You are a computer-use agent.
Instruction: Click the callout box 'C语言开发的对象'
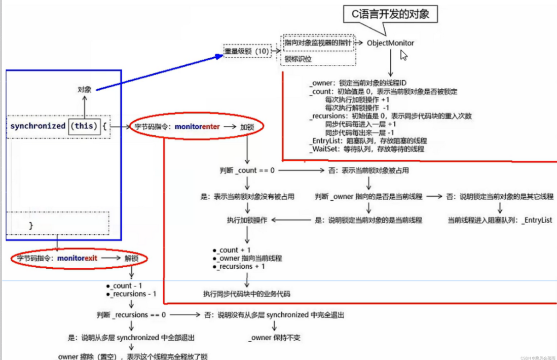click(x=390, y=14)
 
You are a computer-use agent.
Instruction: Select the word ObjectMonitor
click(x=390, y=43)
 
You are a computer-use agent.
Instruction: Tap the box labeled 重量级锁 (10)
click(x=246, y=51)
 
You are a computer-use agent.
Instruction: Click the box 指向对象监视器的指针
click(x=318, y=43)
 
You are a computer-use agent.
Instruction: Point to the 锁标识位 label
click(x=299, y=59)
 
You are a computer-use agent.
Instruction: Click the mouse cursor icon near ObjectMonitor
click(x=404, y=55)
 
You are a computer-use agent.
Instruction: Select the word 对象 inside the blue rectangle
click(x=85, y=89)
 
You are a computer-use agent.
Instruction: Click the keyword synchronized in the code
click(x=38, y=126)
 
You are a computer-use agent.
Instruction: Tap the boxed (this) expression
click(x=84, y=126)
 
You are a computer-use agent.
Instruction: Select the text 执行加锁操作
click(x=247, y=220)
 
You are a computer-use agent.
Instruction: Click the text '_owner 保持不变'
click(x=275, y=337)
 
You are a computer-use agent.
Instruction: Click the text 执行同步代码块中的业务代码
click(x=247, y=294)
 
